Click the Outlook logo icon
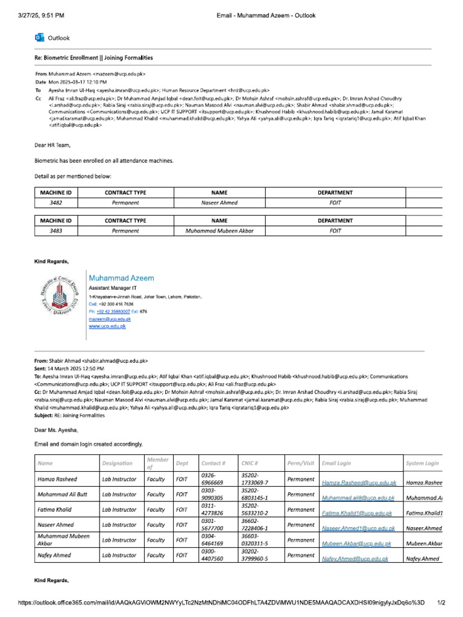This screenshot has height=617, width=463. pyautogui.click(x=39, y=37)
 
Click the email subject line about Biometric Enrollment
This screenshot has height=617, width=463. pyautogui.click(x=93, y=58)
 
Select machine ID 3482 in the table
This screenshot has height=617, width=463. pyautogui.click(x=55, y=203)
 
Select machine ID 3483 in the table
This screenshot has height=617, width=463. pyautogui.click(x=55, y=231)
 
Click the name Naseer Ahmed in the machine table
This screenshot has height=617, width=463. pyautogui.click(x=219, y=203)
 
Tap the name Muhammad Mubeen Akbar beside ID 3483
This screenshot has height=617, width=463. pyautogui.click(x=219, y=231)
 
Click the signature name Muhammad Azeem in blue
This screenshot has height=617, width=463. pyautogui.click(x=121, y=278)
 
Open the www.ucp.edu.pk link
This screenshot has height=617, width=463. pyautogui.click(x=107, y=326)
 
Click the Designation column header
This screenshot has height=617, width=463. pyautogui.click(x=118, y=463)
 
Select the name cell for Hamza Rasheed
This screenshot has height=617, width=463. pyautogui.click(x=57, y=480)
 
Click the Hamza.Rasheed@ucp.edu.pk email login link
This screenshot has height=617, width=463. pyautogui.click(x=359, y=483)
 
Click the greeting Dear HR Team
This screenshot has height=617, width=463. pyautogui.click(x=52, y=145)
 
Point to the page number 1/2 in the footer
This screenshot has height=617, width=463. pyautogui.click(x=441, y=603)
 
